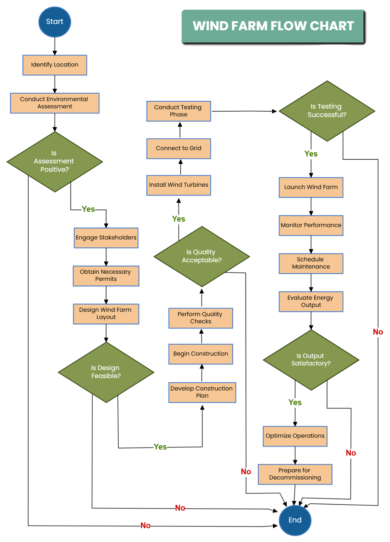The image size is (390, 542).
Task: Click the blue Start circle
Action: [55, 22]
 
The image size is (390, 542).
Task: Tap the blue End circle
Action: [295, 520]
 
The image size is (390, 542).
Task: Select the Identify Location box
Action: [55, 65]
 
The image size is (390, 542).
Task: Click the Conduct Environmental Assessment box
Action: [55, 103]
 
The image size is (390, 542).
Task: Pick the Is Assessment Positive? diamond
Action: [55, 162]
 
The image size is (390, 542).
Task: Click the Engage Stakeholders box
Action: [106, 238]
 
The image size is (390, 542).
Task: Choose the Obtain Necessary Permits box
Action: [106, 276]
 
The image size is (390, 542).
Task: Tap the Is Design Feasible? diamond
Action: [106, 372]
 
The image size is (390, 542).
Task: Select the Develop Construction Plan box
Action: [202, 392]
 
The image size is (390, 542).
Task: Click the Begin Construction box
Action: [201, 354]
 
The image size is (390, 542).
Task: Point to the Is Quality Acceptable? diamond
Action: [202, 257]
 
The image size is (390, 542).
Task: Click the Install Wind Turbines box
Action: [178, 185]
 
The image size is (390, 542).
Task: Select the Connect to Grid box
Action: [178, 149]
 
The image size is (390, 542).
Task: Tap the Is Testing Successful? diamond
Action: [327, 111]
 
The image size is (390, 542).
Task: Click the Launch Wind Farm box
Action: [311, 187]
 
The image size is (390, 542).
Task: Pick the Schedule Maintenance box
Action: [311, 263]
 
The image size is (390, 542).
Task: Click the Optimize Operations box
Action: [295, 436]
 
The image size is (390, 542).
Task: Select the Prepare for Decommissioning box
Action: [295, 474]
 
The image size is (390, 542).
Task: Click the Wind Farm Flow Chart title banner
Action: [273, 26]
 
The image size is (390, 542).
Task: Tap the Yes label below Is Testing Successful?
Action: [311, 154]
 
